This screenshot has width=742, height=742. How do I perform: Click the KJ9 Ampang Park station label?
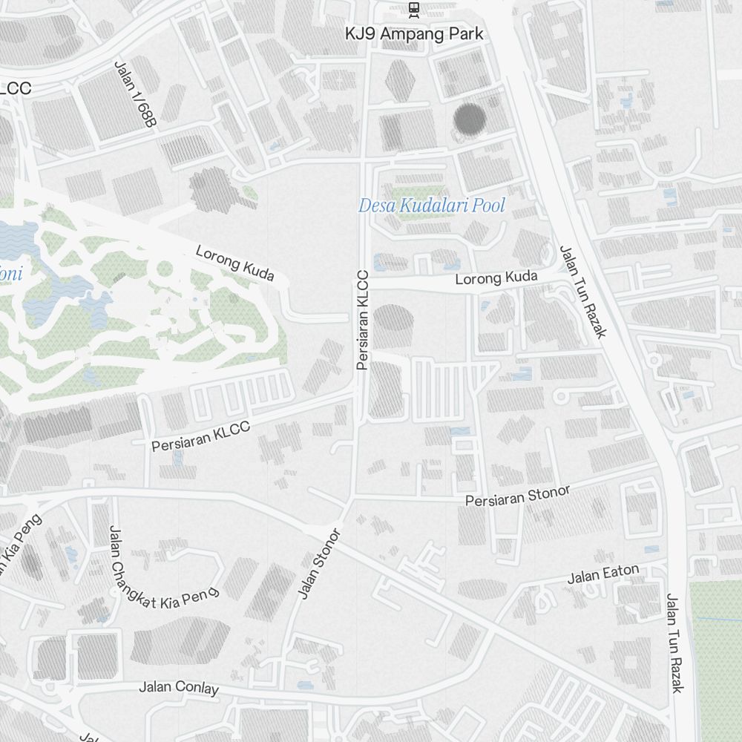point(414,34)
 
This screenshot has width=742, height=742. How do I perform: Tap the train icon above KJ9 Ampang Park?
point(414,9)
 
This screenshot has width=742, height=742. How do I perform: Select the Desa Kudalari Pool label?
point(431,206)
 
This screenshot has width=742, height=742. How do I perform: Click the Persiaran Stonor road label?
point(518,496)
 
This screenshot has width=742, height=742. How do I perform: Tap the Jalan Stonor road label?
point(318,563)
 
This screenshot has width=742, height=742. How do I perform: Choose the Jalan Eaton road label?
point(603,574)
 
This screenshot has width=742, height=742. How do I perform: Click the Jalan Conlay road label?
point(179,687)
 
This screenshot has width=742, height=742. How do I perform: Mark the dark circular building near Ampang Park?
point(469,119)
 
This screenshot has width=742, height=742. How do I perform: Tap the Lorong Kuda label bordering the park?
point(234,263)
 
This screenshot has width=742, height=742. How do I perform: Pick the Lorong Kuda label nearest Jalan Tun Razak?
point(496,278)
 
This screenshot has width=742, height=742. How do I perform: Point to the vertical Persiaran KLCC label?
point(362,320)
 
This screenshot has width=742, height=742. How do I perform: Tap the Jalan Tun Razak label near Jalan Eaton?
point(673,643)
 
